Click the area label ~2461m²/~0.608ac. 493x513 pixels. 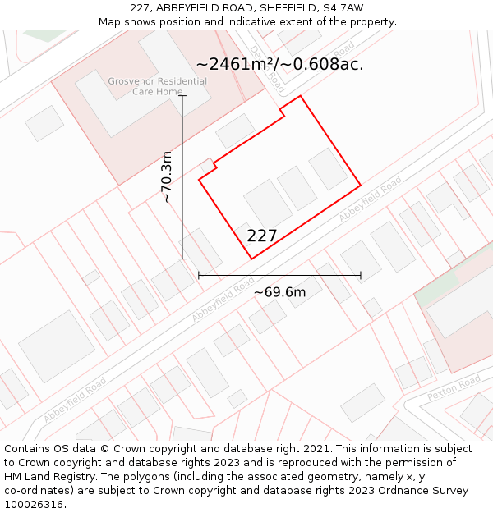click(x=279, y=64)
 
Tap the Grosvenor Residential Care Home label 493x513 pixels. click(x=158, y=86)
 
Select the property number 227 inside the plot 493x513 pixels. click(x=262, y=236)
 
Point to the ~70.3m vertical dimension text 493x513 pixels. click(x=167, y=177)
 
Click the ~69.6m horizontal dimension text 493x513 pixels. click(x=279, y=292)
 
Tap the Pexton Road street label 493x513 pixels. click(x=454, y=387)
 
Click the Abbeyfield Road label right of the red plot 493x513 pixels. click(x=371, y=199)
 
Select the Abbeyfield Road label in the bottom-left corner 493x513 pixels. click(x=75, y=400)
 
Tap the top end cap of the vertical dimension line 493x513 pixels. click(x=182, y=96)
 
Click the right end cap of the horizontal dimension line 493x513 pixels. click(x=361, y=276)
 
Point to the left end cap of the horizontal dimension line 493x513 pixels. click(x=199, y=276)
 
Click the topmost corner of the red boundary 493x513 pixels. click(x=301, y=96)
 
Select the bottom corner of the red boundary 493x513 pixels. click(x=251, y=259)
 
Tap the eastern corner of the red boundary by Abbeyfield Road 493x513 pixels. click(x=361, y=185)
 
